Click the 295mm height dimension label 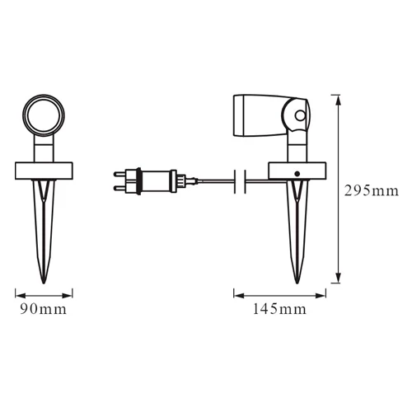371,191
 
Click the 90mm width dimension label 44,309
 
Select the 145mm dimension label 279,309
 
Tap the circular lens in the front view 44,115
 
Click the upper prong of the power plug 119,174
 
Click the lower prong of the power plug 119,188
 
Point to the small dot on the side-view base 297,174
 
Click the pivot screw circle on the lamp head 301,115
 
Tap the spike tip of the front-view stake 44,283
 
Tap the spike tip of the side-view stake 297,283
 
